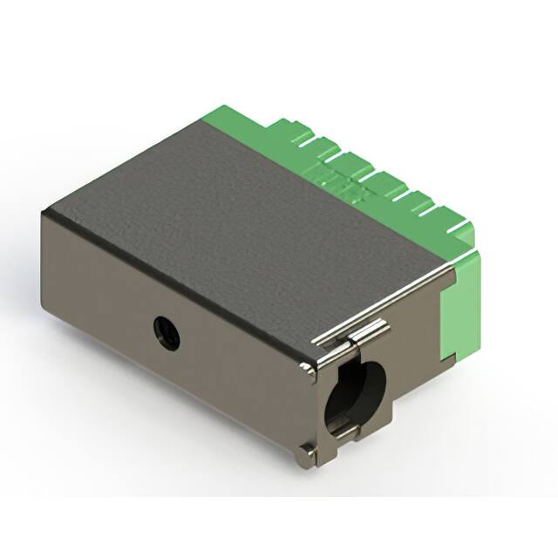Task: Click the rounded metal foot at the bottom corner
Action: tap(307, 451)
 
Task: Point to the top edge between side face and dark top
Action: tap(174, 288)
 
